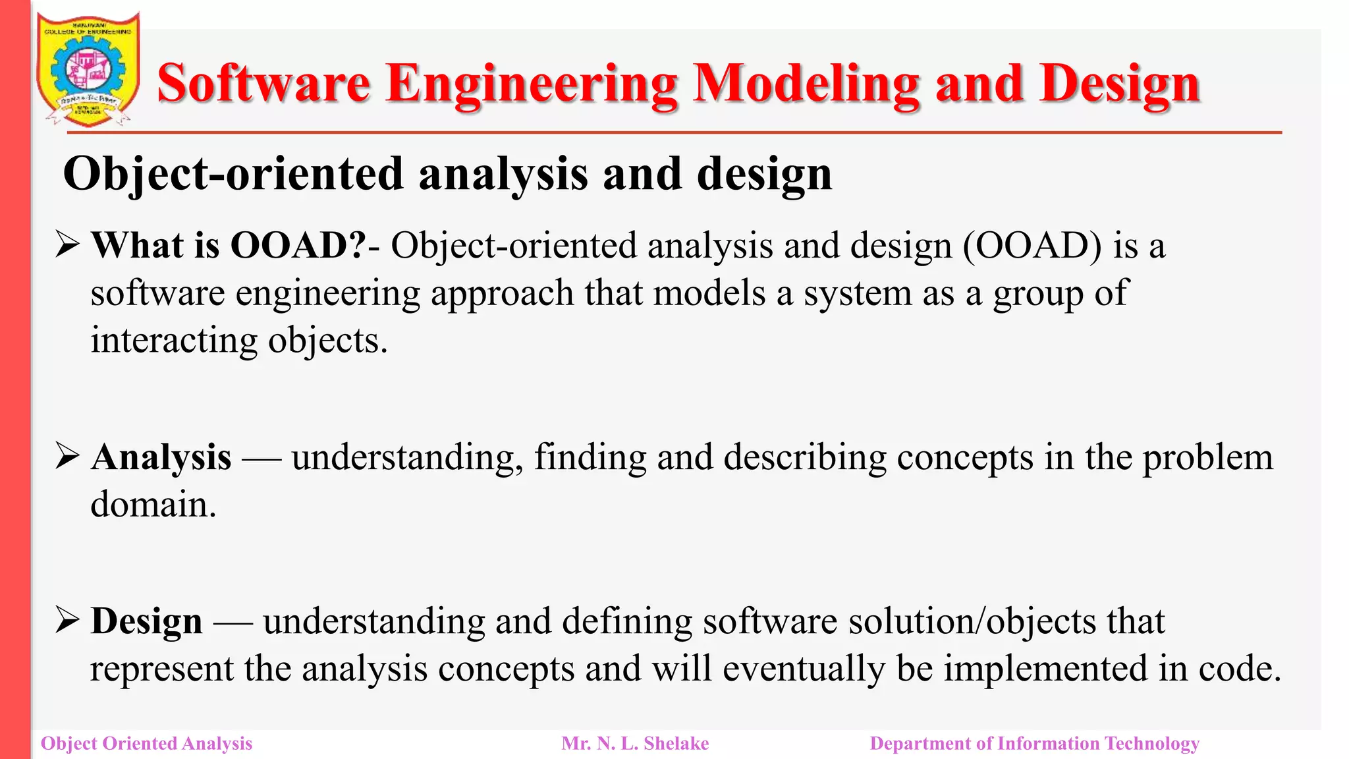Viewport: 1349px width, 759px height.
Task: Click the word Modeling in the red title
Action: click(806, 84)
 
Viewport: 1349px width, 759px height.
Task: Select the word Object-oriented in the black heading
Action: click(233, 174)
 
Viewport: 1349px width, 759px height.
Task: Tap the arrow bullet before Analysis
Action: click(67, 456)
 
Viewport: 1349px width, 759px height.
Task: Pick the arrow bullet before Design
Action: click(67, 620)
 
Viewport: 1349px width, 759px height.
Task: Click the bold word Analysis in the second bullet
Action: click(161, 457)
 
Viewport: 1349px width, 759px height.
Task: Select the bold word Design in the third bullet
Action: click(146, 621)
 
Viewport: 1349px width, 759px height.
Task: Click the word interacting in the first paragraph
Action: click(174, 341)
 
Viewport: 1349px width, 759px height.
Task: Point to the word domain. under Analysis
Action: click(153, 505)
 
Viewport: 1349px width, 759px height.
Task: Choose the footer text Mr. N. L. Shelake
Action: click(635, 744)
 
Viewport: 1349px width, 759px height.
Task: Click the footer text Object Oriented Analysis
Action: click(146, 744)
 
